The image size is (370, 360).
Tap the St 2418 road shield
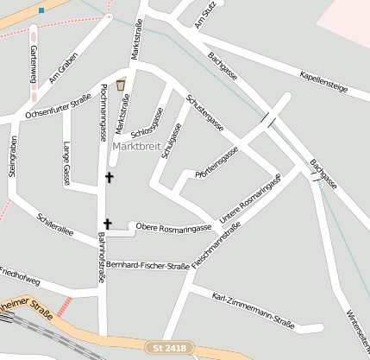click(169, 348)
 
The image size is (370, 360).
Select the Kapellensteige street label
click(323, 82)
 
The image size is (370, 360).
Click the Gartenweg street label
click(34, 67)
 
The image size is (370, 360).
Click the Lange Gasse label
click(66, 163)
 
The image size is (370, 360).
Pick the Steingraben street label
click(12, 156)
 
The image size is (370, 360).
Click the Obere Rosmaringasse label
click(174, 227)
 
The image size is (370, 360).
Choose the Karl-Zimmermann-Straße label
click(253, 312)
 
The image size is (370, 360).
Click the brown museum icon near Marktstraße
click(120, 85)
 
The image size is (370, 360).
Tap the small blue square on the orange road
click(41, 10)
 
